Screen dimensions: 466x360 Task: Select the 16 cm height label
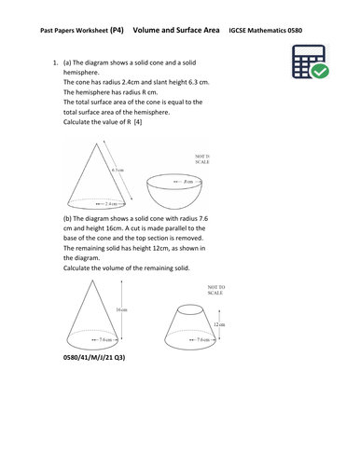click(x=122, y=310)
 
